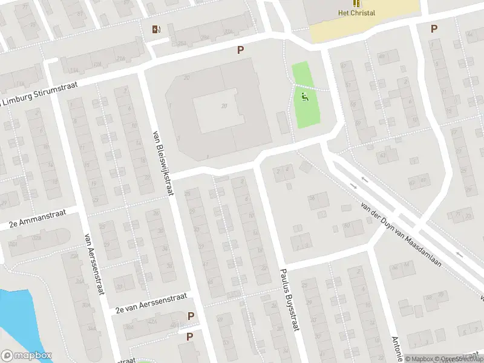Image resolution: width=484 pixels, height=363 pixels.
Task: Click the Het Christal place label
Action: pos(356,13)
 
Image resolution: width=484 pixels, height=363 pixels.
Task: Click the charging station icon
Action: pos(156,28)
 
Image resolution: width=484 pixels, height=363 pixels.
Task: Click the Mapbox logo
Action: pos(26,356)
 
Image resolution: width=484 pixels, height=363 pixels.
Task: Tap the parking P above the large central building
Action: pos(240,50)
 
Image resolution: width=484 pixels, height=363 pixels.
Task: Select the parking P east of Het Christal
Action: pos(433,28)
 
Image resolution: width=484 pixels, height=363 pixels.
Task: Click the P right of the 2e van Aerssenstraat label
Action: pos(191,316)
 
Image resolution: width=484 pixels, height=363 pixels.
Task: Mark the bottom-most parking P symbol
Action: pos(189,336)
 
